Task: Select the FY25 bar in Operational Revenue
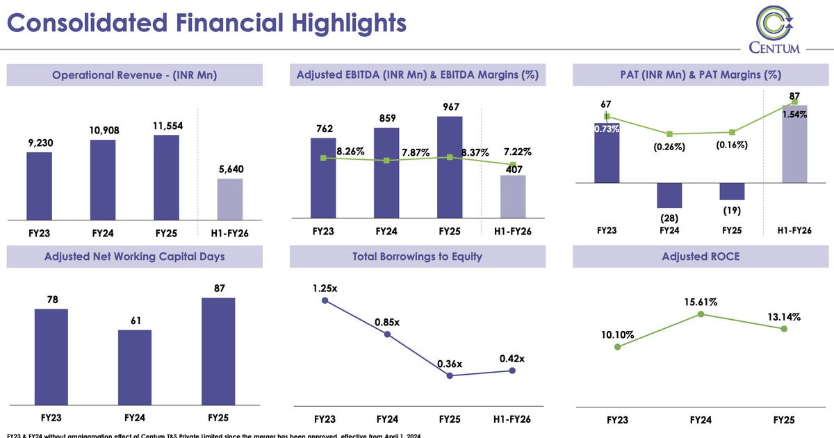coord(166,177)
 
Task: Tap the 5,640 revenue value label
coord(230,169)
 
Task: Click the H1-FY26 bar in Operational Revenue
coord(230,200)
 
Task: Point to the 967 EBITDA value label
coord(450,107)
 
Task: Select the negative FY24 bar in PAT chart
coord(670,195)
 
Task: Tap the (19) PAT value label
coord(733,211)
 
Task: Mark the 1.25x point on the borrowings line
coord(325,300)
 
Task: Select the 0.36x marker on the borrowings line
coord(450,375)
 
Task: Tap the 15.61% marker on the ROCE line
coord(701,314)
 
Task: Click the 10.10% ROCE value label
coord(617,334)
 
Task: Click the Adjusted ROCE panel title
coord(700,257)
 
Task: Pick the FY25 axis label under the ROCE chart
coord(784,420)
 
